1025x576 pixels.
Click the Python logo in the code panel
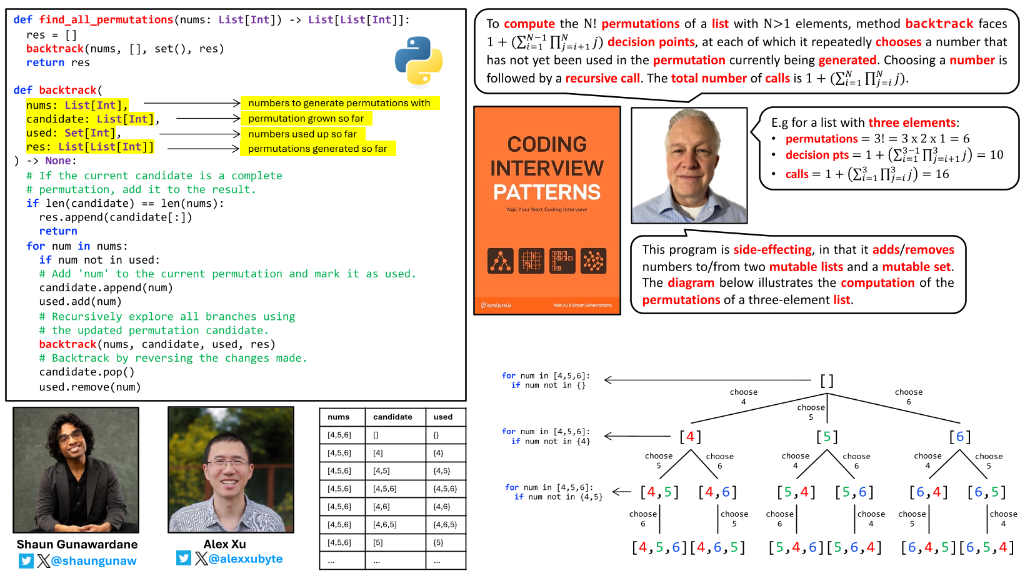point(419,60)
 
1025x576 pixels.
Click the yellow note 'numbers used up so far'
point(302,134)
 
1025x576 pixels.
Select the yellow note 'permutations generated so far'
point(317,149)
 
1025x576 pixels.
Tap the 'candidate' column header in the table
point(392,417)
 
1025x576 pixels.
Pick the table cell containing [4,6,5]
point(384,525)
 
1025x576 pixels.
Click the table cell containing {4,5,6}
point(445,489)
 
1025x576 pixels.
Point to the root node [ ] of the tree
point(827,380)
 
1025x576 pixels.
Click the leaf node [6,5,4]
point(986,548)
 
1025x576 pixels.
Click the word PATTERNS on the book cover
point(547,192)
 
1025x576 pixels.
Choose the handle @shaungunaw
point(94,561)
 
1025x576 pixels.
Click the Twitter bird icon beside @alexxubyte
point(183,558)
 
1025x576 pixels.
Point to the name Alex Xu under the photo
point(224,544)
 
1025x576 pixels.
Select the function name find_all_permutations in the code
point(106,20)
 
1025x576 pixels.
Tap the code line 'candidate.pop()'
point(87,372)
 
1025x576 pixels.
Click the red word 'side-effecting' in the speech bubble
point(772,250)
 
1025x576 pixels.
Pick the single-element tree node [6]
point(960,436)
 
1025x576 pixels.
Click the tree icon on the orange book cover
point(501,261)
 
